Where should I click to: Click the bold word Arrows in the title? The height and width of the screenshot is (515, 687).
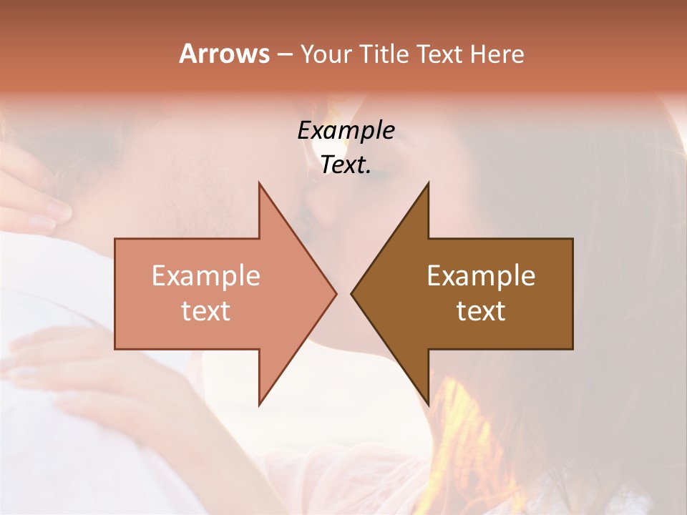pos(224,54)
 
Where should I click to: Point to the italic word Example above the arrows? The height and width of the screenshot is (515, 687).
pos(346,131)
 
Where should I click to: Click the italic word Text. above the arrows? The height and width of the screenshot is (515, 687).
pos(346,165)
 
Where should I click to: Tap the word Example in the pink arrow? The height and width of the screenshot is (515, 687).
pos(206,276)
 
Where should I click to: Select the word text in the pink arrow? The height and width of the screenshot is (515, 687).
pos(206,311)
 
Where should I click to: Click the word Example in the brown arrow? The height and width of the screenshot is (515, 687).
pos(481,276)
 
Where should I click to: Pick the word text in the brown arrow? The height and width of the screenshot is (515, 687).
pos(481,311)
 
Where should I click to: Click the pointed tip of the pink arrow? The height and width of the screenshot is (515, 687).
pos(336,293)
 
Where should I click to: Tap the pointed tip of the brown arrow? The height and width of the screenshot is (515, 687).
pos(352,293)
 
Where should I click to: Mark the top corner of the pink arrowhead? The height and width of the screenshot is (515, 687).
pos(259,184)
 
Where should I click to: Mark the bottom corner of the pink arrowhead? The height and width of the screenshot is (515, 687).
pos(259,404)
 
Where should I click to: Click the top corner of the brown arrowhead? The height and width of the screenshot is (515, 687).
pos(428,184)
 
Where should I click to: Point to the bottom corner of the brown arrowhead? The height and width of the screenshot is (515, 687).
pos(428,404)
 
